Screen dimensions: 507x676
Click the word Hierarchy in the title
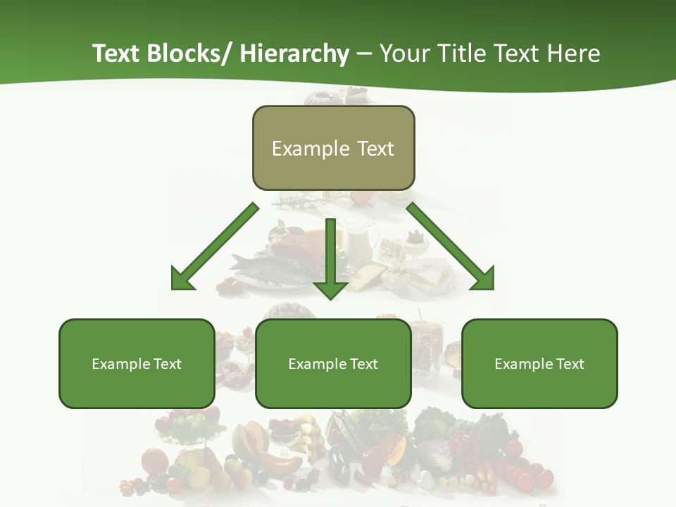click(x=294, y=54)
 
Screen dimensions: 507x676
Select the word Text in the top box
click(x=375, y=149)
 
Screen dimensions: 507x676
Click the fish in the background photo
click(x=257, y=266)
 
